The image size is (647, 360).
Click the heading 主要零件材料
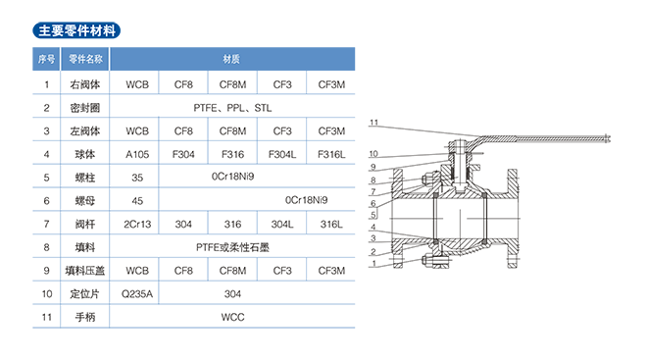click(x=76, y=30)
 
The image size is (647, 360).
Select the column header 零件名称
click(x=85, y=59)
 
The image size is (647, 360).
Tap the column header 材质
click(x=231, y=59)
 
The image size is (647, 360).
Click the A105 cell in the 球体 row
click(x=137, y=154)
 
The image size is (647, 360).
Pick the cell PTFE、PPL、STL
click(x=232, y=108)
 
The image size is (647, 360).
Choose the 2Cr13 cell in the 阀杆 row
click(x=137, y=225)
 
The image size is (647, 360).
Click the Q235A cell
click(x=137, y=294)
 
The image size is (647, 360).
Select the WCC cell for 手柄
click(x=232, y=317)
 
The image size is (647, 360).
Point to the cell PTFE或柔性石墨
click(x=232, y=247)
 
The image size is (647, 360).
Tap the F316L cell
click(x=331, y=154)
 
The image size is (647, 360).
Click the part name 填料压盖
click(x=85, y=271)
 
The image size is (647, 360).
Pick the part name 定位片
click(x=85, y=294)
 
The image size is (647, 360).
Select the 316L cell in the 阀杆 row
click(x=331, y=225)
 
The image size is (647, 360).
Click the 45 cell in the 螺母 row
click(x=137, y=201)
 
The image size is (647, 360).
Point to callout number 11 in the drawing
click(x=373, y=123)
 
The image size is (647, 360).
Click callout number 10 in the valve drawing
click(x=373, y=154)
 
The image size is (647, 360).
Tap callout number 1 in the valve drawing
click(x=373, y=263)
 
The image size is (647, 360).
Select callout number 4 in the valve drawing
click(x=373, y=227)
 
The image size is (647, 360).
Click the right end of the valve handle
click(x=609, y=138)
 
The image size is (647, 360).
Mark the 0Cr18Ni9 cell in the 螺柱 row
click(x=232, y=177)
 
